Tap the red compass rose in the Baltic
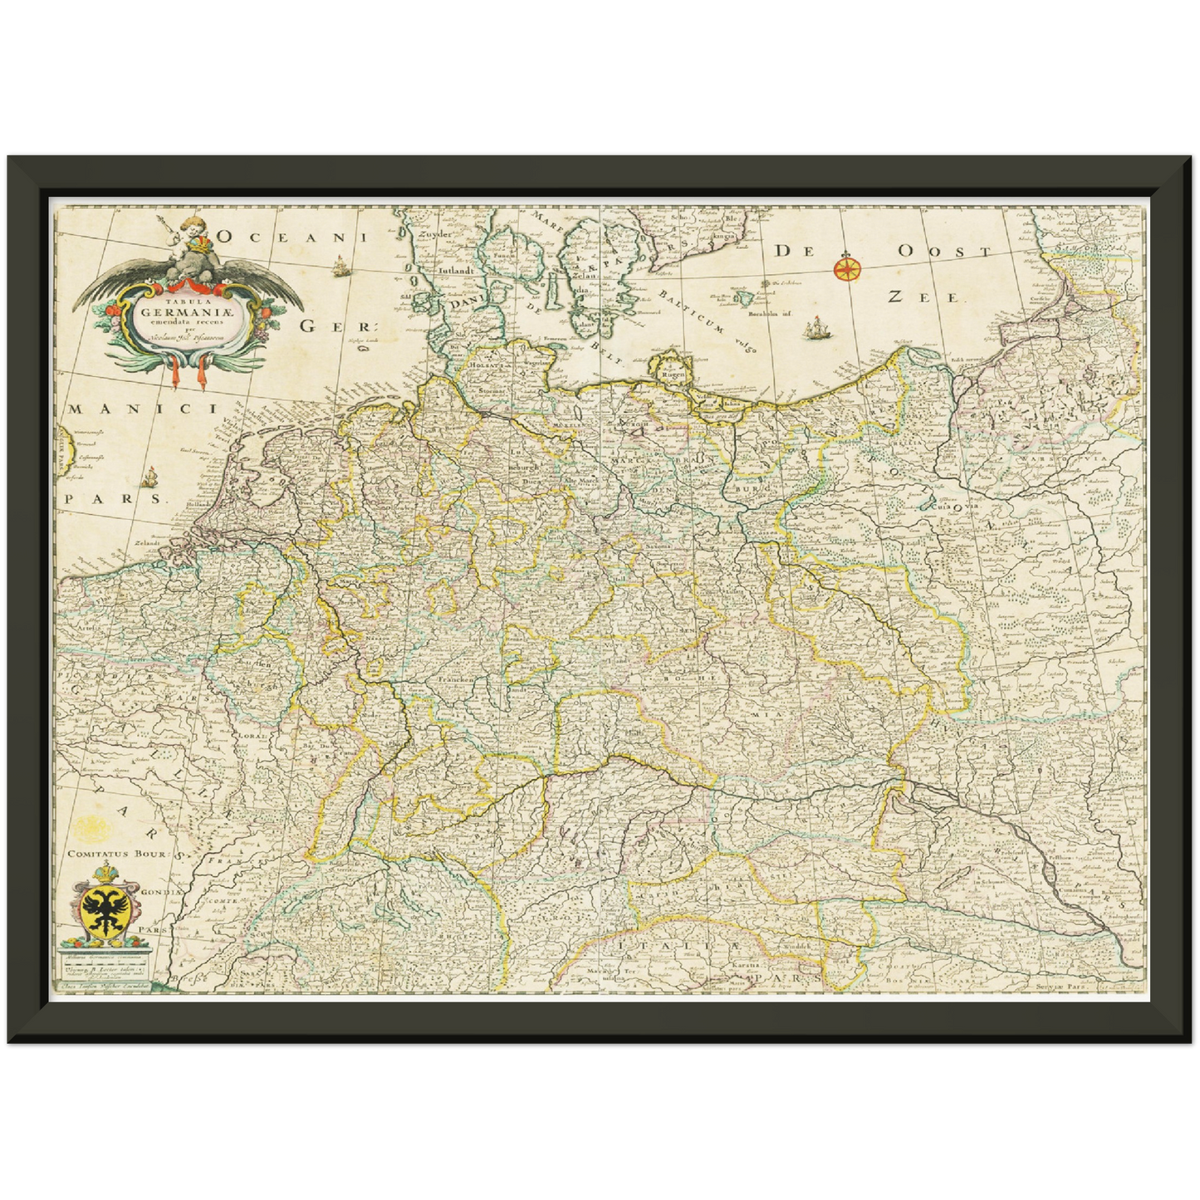pos(847,267)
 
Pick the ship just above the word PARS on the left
pos(149,478)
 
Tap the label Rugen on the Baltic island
pos(672,375)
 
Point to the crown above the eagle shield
pos(105,872)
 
